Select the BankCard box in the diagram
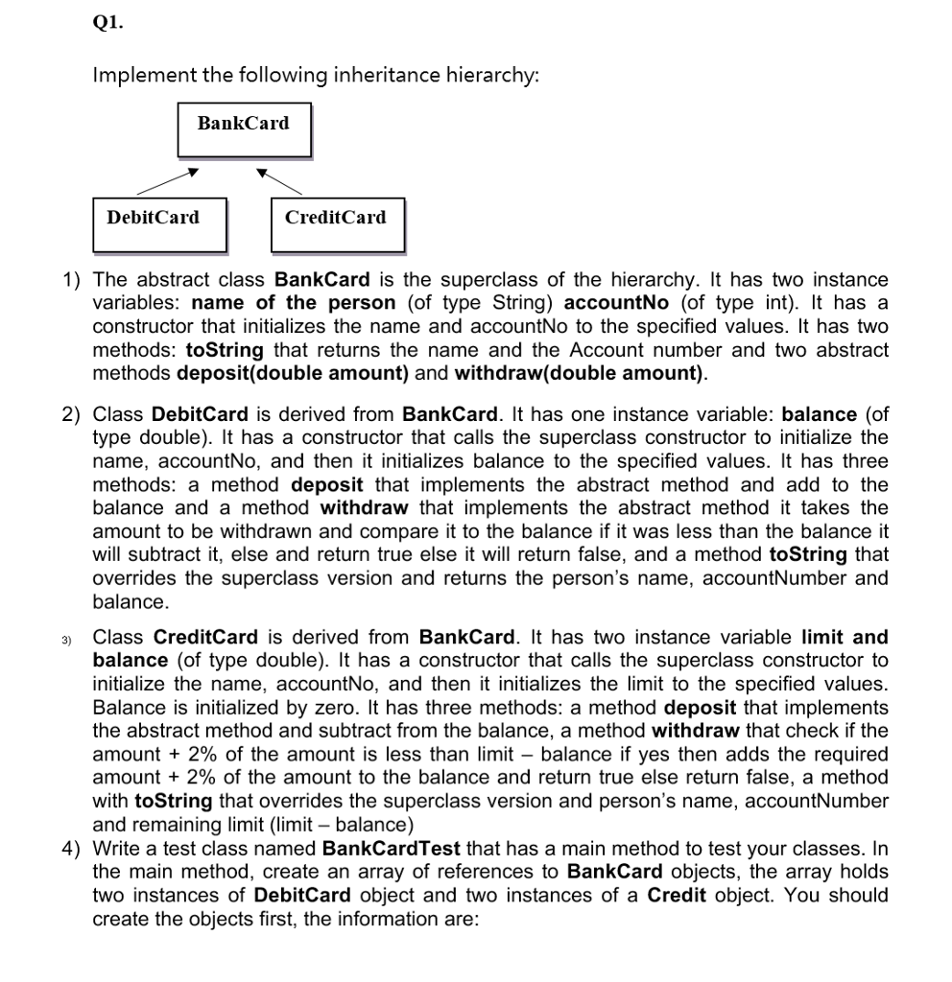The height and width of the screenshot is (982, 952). click(x=243, y=129)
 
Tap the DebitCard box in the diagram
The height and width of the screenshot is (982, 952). click(x=159, y=223)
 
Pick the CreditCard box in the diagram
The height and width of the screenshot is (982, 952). click(x=337, y=223)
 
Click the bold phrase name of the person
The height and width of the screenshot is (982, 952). click(x=300, y=303)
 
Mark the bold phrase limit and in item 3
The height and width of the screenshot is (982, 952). click(x=844, y=638)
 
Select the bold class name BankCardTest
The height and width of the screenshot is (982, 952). click(x=392, y=849)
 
